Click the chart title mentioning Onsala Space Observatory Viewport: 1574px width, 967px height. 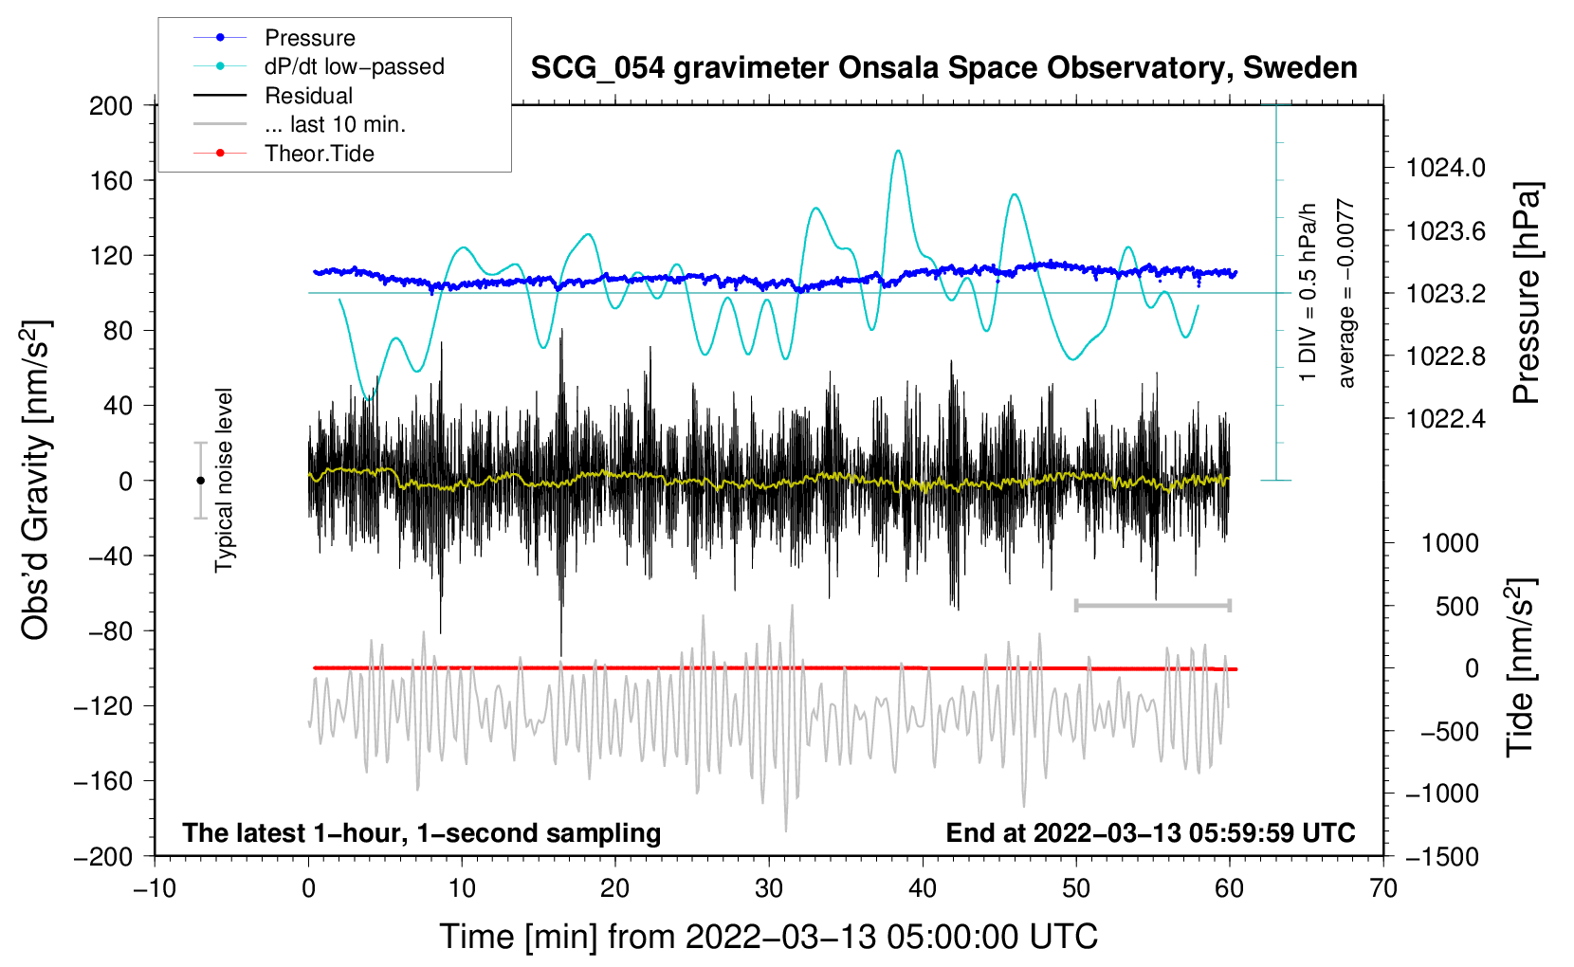(x=943, y=68)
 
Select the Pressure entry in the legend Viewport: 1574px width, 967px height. (x=309, y=38)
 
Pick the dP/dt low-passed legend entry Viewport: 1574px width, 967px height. (x=354, y=66)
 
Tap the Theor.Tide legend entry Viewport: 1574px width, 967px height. (x=319, y=154)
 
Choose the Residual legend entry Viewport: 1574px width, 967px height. (x=308, y=96)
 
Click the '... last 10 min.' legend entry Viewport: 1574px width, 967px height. (x=335, y=124)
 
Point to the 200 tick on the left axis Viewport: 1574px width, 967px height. (x=111, y=105)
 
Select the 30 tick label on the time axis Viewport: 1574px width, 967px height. (x=769, y=888)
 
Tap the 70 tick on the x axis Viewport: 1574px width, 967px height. (x=1383, y=888)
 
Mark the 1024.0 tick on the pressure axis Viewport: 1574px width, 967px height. (x=1444, y=168)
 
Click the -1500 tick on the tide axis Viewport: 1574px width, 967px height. (x=1442, y=856)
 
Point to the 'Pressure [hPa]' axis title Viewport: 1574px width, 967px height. (x=1526, y=294)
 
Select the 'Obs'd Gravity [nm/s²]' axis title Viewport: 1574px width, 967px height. (x=36, y=480)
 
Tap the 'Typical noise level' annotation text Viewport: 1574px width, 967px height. (x=224, y=480)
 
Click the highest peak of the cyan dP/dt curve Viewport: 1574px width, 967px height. (x=898, y=151)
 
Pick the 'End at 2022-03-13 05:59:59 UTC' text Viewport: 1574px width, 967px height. (x=1150, y=832)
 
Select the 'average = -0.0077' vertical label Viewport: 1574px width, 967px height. (x=1346, y=294)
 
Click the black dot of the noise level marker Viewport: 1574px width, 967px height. (x=200, y=481)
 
